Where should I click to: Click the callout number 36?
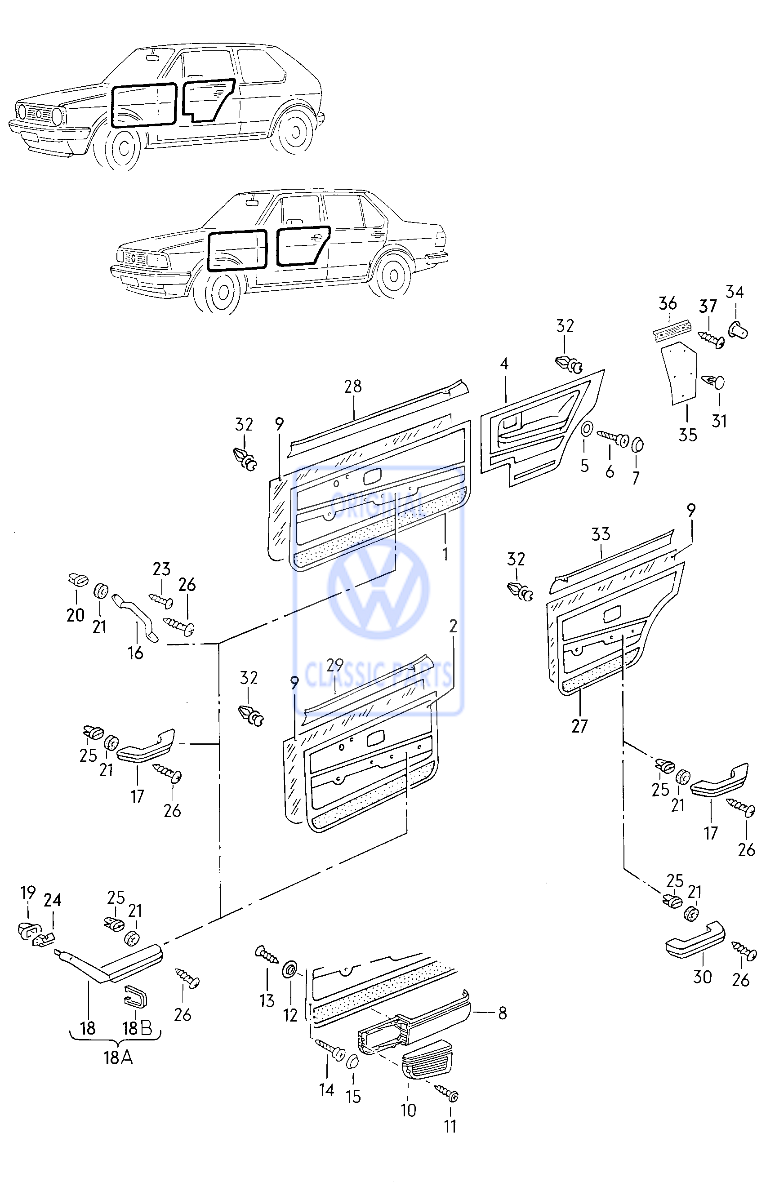[668, 303]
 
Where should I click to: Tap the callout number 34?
[735, 292]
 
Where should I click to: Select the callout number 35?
[688, 435]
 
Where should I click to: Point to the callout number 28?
[353, 387]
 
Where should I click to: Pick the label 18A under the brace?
[118, 1057]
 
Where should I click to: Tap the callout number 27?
[579, 726]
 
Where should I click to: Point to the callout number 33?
[601, 534]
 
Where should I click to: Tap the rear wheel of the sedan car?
[393, 275]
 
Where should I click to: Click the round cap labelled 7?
[637, 444]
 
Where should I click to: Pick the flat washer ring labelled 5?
[586, 429]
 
